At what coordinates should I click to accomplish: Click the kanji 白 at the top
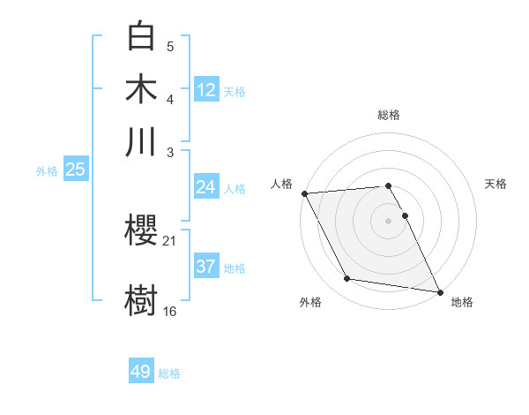[141, 36]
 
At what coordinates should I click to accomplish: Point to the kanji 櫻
[141, 231]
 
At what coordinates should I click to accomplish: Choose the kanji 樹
[141, 298]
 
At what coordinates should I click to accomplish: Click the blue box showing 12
[206, 90]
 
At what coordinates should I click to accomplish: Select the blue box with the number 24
[205, 187]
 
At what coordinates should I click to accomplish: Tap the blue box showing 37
[205, 267]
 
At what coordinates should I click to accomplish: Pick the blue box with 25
[75, 170]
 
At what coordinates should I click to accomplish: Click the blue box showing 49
[140, 372]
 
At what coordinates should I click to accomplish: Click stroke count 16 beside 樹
[169, 311]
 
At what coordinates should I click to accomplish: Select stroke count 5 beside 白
[170, 46]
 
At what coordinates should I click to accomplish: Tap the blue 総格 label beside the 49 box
[169, 373]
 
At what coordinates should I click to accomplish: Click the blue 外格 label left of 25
[46, 171]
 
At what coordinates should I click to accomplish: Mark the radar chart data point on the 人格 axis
[304, 193]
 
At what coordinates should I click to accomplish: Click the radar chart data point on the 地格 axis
[439, 291]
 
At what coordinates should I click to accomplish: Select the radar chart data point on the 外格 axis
[347, 279]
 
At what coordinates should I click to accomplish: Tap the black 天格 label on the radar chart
[495, 184]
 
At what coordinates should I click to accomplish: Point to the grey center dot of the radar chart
[388, 220]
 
